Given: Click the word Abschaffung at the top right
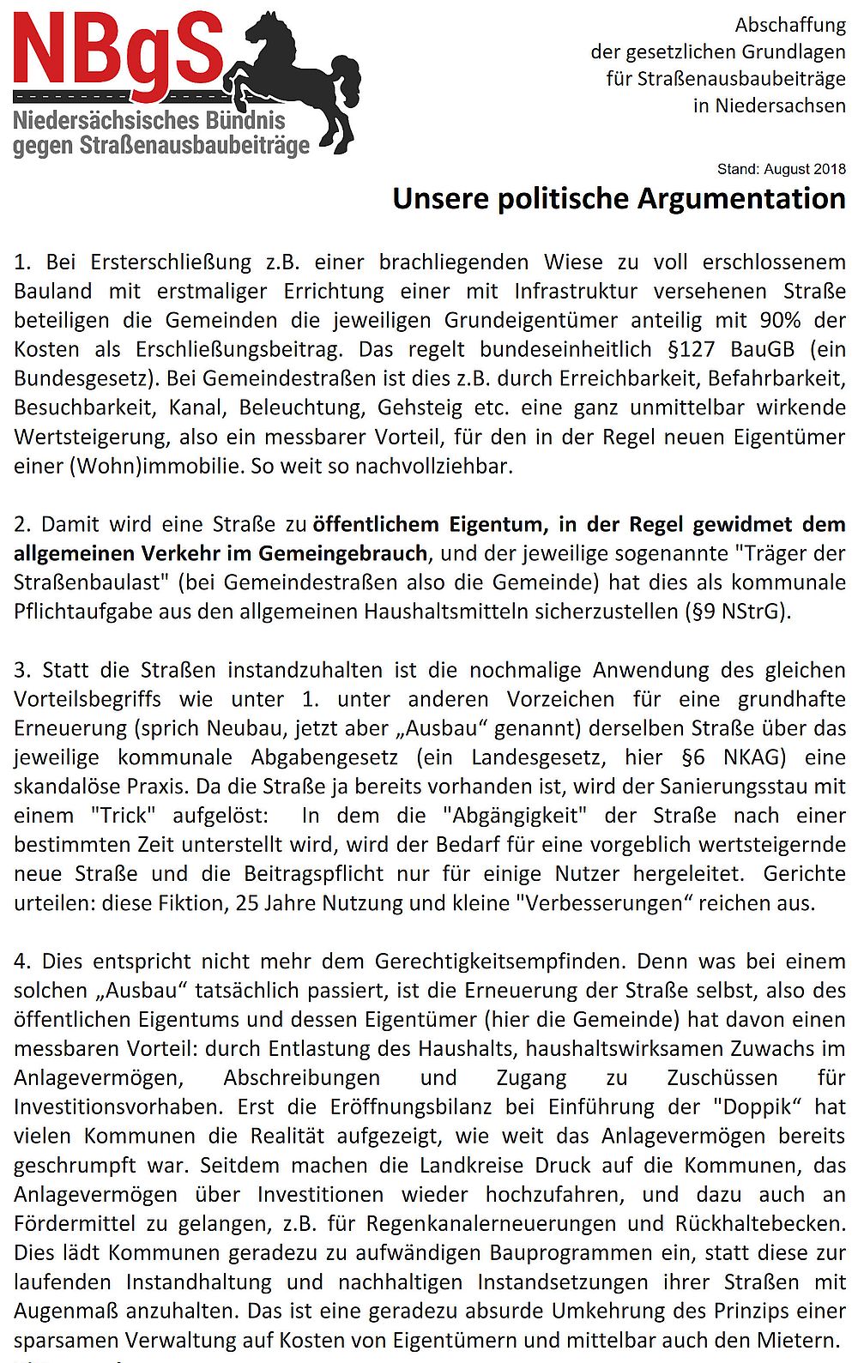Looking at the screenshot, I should point(790,26).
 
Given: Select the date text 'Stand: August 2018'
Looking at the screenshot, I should point(781,169).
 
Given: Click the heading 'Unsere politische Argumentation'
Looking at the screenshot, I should point(619,199).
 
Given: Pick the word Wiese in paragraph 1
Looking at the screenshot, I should point(571,262).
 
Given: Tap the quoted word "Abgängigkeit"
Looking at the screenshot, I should point(516,816).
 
